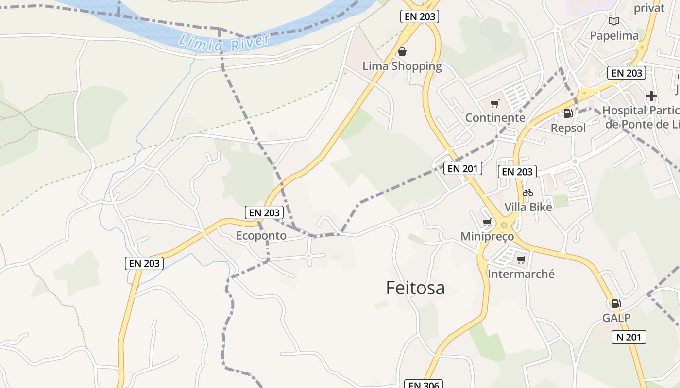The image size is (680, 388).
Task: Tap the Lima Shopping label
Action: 402,66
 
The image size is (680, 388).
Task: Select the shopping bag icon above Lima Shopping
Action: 402,51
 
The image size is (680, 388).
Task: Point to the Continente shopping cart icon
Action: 495,103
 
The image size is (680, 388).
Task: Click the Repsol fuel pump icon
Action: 567,113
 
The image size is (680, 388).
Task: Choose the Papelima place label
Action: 614,35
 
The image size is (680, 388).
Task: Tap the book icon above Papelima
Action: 614,21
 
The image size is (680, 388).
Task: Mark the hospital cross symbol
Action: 651,96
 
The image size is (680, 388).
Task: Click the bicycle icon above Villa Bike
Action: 528,193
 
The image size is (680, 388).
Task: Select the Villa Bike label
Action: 528,207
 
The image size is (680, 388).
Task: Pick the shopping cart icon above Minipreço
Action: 487,222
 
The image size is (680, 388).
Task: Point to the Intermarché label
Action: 521,274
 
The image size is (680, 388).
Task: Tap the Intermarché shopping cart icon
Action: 521,259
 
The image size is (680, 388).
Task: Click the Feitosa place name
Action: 415,288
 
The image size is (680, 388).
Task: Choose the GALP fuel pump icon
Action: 616,304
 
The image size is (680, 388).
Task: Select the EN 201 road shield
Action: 463,168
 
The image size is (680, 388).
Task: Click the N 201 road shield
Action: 629,337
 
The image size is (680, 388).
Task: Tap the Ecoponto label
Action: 261,236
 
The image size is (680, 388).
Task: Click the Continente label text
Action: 495,118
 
